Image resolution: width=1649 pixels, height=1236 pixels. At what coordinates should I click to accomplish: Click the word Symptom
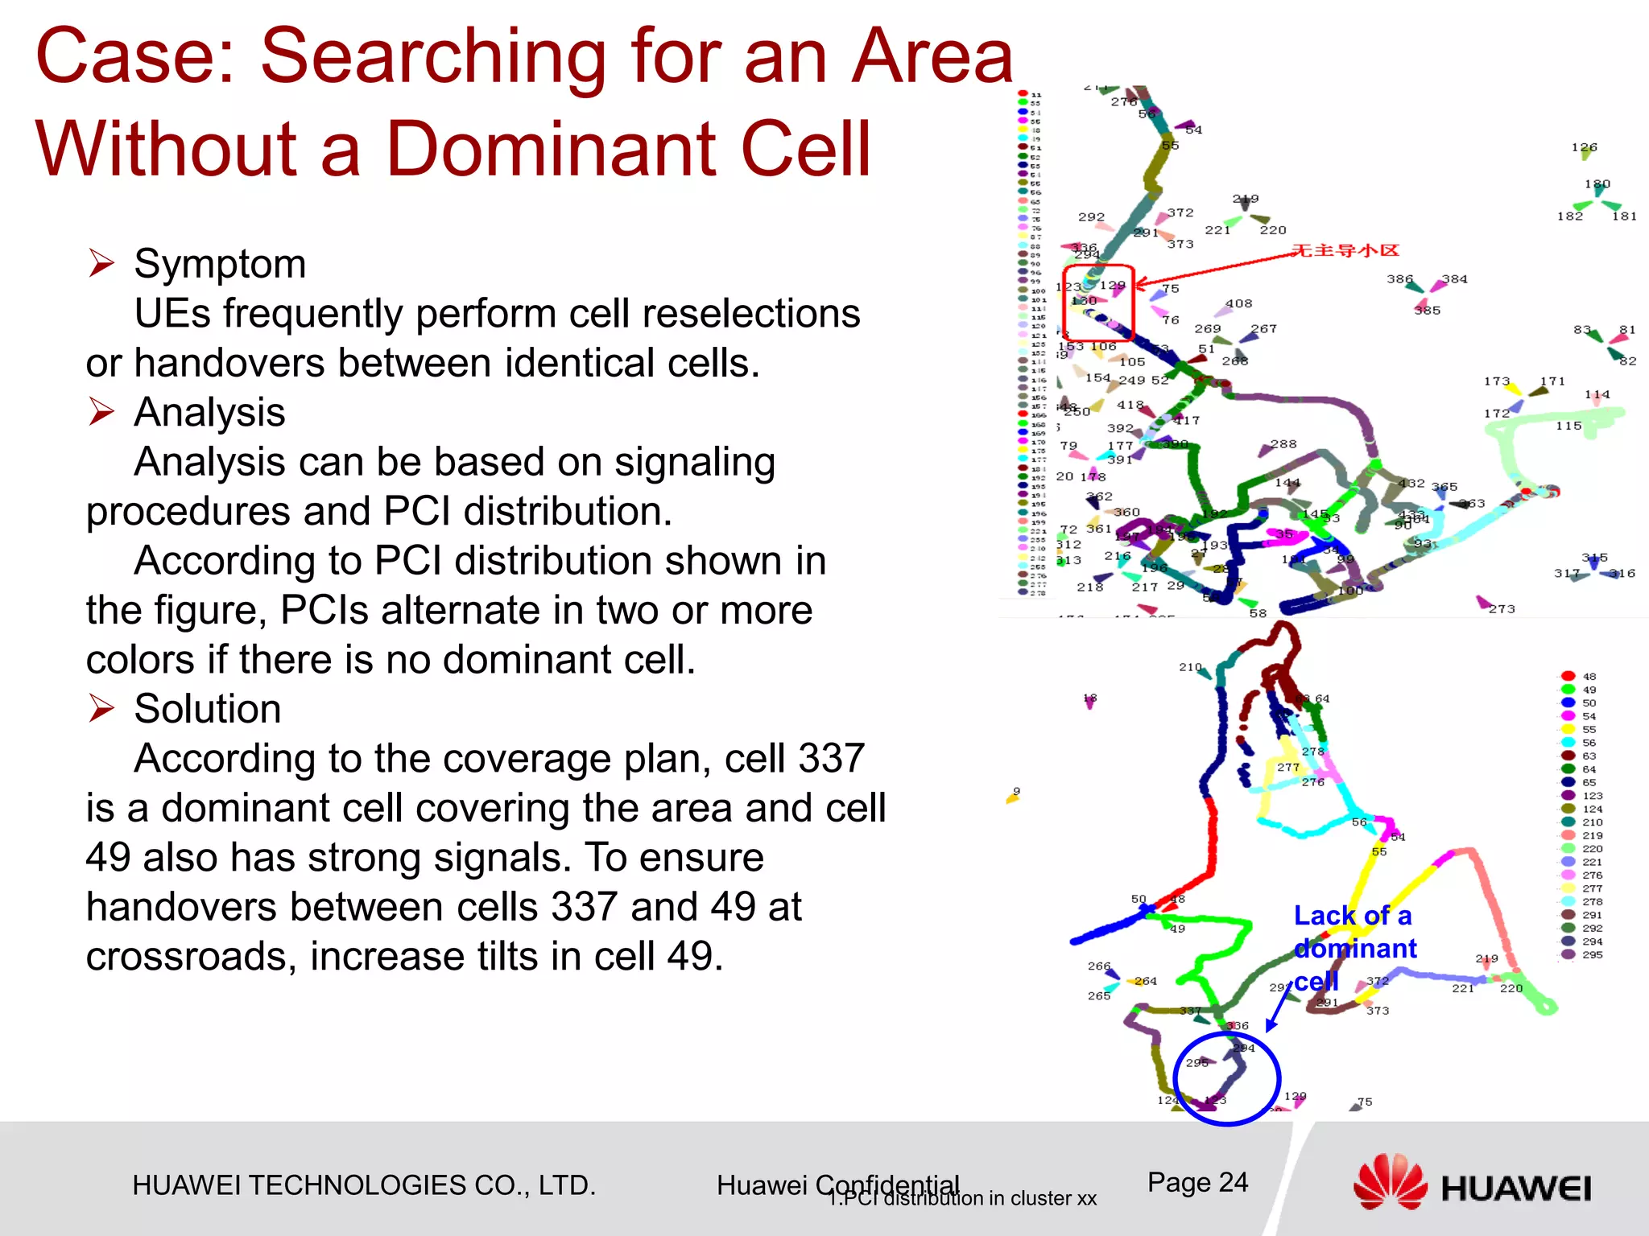coord(220,265)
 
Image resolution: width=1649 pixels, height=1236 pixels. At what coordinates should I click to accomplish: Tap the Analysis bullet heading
coord(209,413)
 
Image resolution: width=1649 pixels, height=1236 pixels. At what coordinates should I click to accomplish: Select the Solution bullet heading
coord(207,710)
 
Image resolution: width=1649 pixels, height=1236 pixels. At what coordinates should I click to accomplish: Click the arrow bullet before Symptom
coord(101,263)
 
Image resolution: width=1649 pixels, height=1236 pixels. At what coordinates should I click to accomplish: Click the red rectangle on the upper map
coord(1098,303)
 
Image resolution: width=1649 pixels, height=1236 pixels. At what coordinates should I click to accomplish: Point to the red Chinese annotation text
coord(1345,250)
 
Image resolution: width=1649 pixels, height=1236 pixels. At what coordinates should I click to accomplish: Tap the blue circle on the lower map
coord(1226,1079)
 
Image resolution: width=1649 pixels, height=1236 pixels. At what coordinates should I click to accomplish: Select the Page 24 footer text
coord(1197,1182)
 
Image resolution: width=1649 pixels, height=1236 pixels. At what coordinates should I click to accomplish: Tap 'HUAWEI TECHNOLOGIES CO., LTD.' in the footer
coord(364,1185)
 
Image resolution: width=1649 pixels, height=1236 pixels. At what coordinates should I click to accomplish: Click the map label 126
coord(1584,147)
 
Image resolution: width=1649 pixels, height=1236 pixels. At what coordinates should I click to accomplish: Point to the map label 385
coord(1427,310)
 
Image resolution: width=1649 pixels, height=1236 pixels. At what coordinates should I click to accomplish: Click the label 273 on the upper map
coord(1501,609)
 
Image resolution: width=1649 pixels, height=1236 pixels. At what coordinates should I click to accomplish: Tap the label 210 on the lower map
coord(1190,667)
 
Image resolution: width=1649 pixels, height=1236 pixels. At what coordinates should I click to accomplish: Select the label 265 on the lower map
coord(1098,995)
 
